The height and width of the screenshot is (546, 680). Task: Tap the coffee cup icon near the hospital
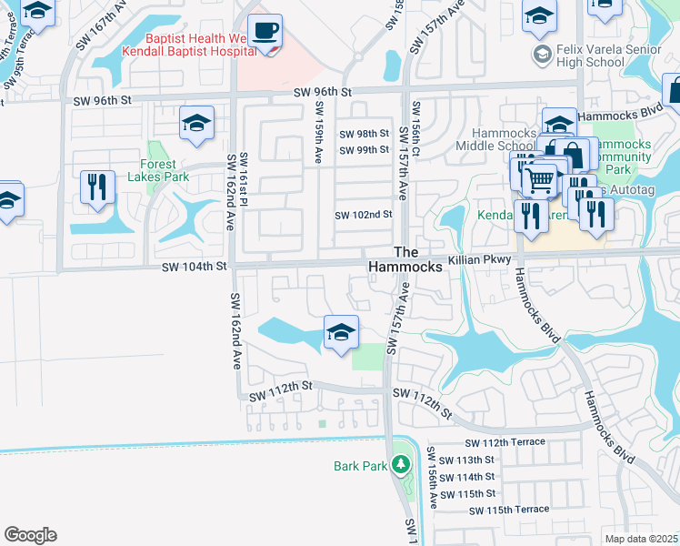(x=265, y=32)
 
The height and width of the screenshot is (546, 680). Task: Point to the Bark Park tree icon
(x=400, y=466)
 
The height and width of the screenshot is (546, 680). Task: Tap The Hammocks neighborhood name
(x=405, y=259)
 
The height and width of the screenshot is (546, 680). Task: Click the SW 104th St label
(x=193, y=267)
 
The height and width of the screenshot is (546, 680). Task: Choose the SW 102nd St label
(x=363, y=215)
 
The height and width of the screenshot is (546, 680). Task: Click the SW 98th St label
(x=364, y=134)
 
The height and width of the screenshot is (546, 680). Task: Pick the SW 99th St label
(x=364, y=149)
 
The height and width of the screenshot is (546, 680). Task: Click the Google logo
(x=30, y=535)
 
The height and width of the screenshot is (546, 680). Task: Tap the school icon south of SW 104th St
(x=341, y=333)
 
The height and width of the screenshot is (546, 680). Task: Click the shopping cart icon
(x=540, y=180)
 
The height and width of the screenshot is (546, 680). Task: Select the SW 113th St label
(x=465, y=460)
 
